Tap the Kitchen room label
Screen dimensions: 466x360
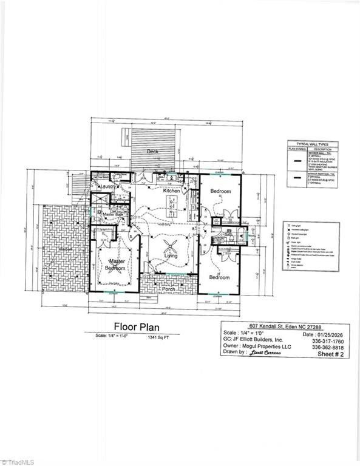click(172, 191)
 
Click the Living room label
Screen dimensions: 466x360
click(171, 255)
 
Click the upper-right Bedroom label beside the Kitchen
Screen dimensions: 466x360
click(220, 191)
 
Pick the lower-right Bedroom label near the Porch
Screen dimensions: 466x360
click(219, 277)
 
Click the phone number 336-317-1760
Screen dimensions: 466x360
click(329, 340)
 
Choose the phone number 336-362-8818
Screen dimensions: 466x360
click(329, 347)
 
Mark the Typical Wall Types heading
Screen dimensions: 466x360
click(313, 143)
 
